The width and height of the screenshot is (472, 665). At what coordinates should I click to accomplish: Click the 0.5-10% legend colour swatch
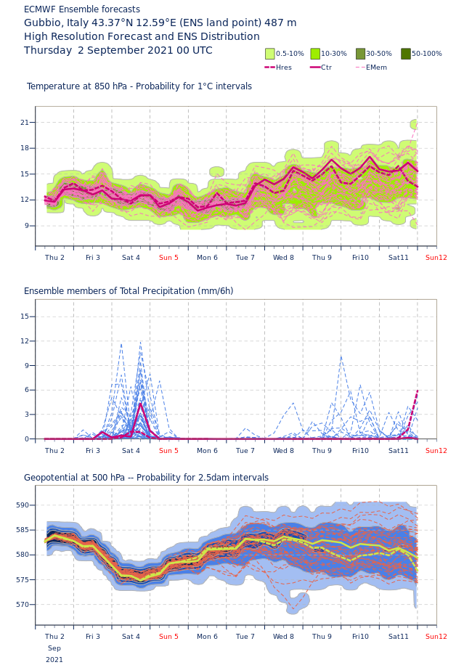(270, 54)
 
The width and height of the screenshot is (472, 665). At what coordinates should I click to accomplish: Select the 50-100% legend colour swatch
(406, 54)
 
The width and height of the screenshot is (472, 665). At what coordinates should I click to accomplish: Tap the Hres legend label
(284, 68)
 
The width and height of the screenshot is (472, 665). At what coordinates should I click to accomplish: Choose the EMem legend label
(376, 68)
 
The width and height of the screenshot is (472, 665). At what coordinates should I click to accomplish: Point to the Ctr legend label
(326, 68)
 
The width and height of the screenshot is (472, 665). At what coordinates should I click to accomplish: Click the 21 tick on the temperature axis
(24, 123)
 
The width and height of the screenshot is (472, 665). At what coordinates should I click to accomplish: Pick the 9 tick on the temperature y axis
(26, 226)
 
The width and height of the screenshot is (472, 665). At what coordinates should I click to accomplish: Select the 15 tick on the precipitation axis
(24, 317)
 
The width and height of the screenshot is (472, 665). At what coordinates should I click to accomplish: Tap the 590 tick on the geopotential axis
(23, 505)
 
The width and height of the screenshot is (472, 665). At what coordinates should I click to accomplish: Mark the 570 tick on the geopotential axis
(23, 605)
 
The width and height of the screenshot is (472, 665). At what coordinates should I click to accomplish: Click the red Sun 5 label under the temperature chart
(168, 258)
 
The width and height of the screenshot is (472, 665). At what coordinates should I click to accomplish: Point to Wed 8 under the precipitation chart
(283, 451)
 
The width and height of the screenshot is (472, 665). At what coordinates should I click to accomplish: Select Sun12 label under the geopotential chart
(436, 637)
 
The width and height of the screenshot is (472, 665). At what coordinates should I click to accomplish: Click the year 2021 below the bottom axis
(54, 660)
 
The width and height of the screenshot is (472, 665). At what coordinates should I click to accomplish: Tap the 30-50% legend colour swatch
(361, 54)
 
